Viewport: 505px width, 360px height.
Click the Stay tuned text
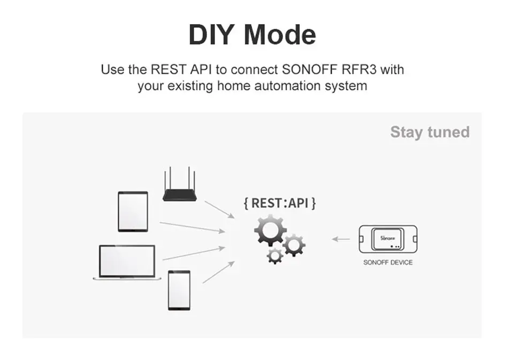[430, 132]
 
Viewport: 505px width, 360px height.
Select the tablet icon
[133, 211]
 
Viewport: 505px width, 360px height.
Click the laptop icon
[127, 262]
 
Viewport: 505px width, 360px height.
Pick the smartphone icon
[179, 290]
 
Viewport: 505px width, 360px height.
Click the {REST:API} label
[279, 203]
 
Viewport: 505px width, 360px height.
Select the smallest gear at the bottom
[275, 255]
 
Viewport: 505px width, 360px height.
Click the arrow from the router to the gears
[219, 209]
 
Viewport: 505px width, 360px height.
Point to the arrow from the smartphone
[218, 272]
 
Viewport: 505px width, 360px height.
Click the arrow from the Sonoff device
[341, 239]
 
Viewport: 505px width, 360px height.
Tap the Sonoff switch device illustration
[387, 239]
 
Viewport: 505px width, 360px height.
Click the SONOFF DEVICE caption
[388, 263]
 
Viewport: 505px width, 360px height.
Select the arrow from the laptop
[194, 253]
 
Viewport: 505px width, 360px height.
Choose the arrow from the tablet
[193, 227]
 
